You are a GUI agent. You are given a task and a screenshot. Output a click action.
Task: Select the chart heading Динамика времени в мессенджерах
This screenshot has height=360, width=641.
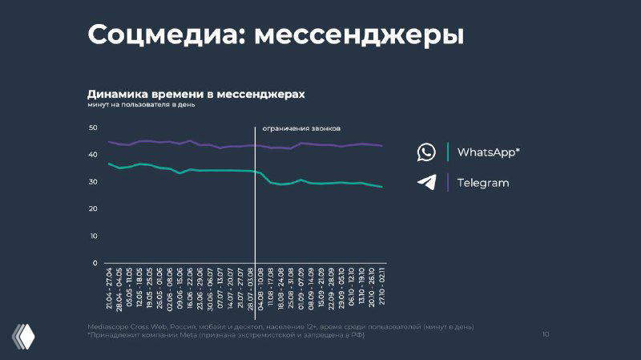tap(196, 95)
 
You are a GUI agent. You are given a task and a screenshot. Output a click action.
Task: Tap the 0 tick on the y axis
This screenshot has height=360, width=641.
tap(95, 263)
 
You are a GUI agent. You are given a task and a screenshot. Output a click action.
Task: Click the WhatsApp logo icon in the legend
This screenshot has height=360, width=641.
tap(426, 152)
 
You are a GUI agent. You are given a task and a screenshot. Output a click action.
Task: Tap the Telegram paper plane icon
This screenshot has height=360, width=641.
tap(426, 182)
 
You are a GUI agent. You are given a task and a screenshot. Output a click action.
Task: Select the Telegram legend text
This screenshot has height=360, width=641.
tap(483, 183)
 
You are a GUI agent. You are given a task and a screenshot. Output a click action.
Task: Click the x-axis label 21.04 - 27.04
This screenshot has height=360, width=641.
tap(110, 291)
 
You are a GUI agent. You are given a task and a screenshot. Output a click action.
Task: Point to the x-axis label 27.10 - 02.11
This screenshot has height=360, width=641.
tap(381, 291)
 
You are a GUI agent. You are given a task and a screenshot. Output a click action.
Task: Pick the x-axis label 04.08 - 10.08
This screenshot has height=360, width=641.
tap(261, 291)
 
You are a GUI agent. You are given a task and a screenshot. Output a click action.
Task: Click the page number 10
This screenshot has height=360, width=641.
tap(546, 334)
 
